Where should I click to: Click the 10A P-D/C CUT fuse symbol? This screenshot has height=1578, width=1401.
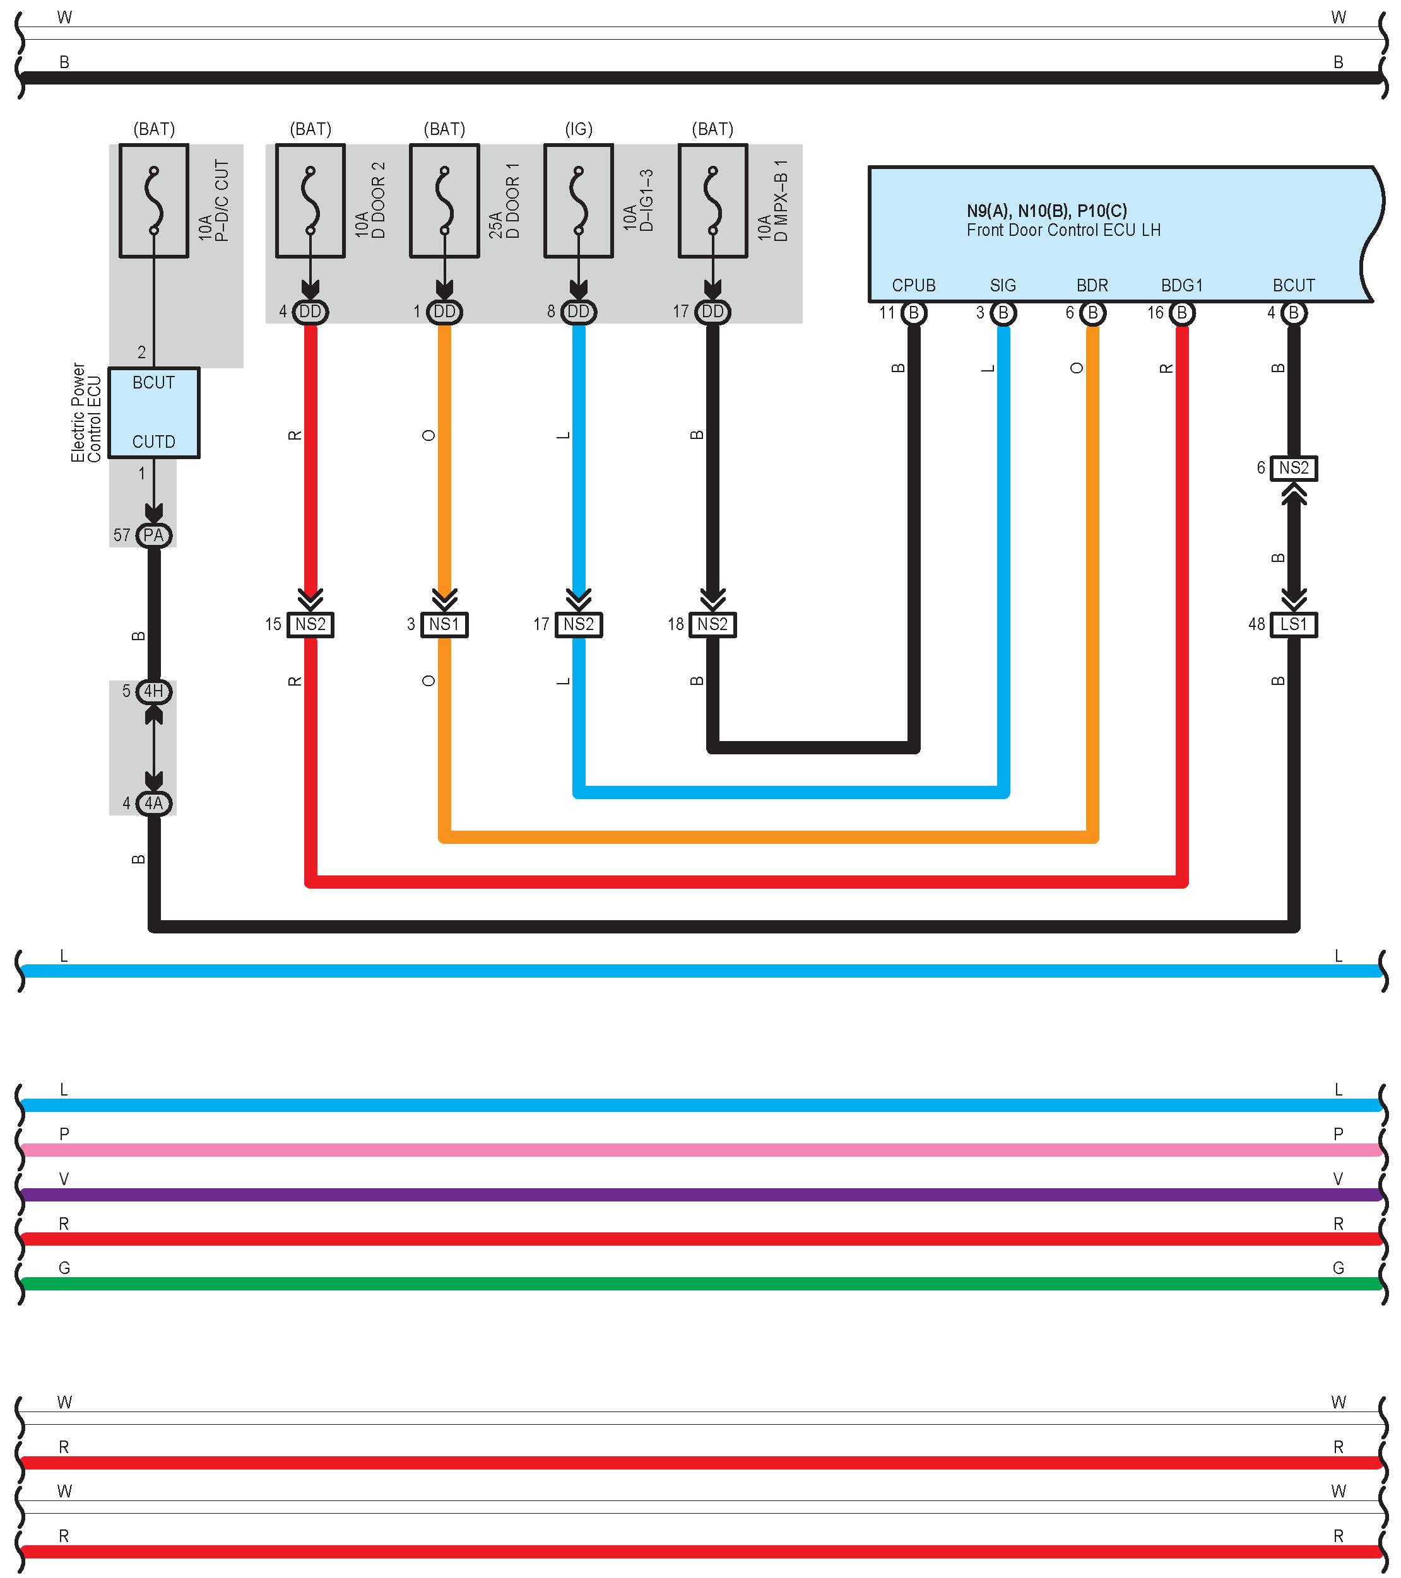[x=154, y=201]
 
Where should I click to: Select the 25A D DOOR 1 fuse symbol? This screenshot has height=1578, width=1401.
[x=444, y=201]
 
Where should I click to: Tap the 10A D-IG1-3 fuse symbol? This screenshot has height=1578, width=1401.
[x=579, y=201]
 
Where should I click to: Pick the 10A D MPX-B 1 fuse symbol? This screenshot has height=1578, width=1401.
[x=713, y=201]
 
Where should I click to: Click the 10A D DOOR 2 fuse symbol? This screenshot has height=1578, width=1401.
[x=310, y=201]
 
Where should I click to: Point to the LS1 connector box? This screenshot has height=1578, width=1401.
[x=1294, y=624]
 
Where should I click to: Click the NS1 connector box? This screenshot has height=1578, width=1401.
[x=444, y=624]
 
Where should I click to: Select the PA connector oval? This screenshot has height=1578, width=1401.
[x=154, y=535]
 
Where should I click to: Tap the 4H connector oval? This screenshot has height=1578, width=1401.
[x=154, y=691]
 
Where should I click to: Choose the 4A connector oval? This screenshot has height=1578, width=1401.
[x=154, y=803]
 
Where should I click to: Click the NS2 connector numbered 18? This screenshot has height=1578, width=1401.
[x=713, y=624]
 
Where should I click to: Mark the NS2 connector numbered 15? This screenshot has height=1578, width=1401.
[x=310, y=624]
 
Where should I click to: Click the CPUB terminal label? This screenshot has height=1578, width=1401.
[x=914, y=286]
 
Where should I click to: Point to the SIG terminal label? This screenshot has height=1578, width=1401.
[x=1003, y=286]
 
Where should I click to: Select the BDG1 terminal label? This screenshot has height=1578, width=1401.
[x=1181, y=286]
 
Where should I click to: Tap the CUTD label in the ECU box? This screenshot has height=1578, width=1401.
[x=154, y=441]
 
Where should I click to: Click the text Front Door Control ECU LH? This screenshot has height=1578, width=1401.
[x=1063, y=230]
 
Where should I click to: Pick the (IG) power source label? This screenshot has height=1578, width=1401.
[x=579, y=129]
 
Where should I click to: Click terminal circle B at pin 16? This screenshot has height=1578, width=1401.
[x=1181, y=313]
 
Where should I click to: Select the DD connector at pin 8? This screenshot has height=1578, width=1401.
[x=579, y=311]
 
